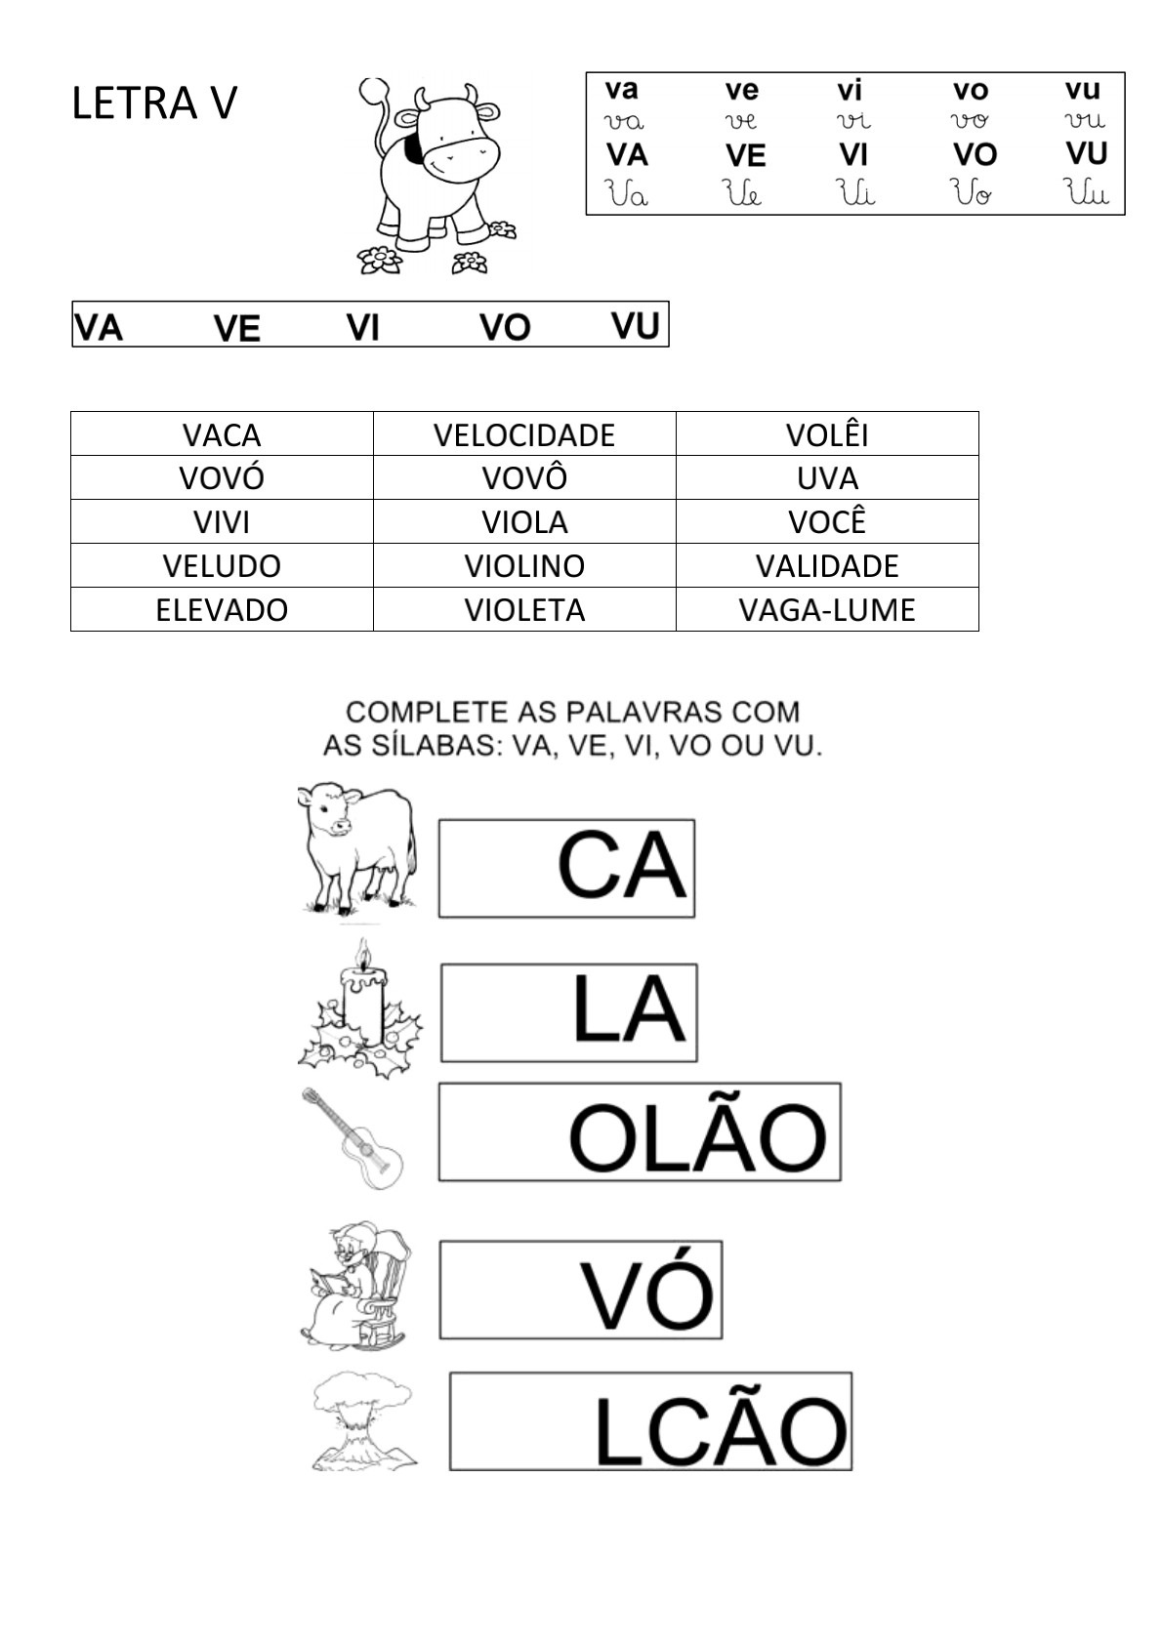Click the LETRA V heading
tap(153, 103)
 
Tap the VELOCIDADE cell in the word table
tap(524, 434)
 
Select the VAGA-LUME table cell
tap(826, 609)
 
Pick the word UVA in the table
tap(827, 478)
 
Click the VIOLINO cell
tap(524, 565)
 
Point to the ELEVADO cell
tap(222, 609)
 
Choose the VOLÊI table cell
tap(827, 434)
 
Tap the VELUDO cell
tap(222, 565)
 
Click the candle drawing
tap(361, 1010)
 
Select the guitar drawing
tap(353, 1136)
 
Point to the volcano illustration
tap(362, 1421)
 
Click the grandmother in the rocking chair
tap(355, 1285)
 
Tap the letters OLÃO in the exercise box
tap(697, 1138)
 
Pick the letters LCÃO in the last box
tap(721, 1431)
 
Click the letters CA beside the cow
tap(621, 867)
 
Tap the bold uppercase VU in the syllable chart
tap(1086, 154)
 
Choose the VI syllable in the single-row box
tap(362, 327)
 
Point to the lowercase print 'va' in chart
tap(622, 90)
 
